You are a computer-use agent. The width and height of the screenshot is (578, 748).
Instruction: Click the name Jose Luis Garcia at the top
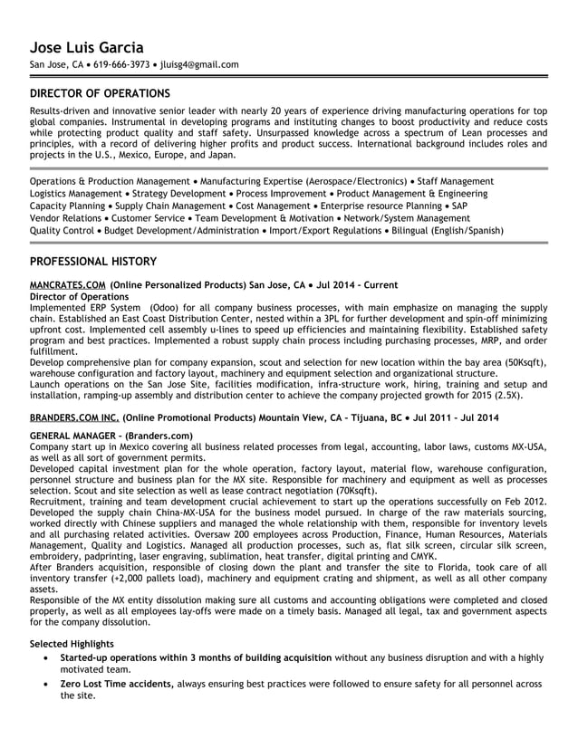pos(87,47)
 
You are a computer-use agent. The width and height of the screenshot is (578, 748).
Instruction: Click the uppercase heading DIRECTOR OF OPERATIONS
pos(100,93)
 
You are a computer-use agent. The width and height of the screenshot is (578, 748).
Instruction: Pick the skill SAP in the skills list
pos(459,206)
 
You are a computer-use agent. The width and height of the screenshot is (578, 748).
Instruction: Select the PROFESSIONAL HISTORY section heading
pos(93,262)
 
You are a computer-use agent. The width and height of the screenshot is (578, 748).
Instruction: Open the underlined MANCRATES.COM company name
pos(67,284)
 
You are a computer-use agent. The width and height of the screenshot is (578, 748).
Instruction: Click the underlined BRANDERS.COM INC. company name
pos(73,417)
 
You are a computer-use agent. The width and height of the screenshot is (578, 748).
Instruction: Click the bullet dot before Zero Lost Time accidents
pos(46,685)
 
